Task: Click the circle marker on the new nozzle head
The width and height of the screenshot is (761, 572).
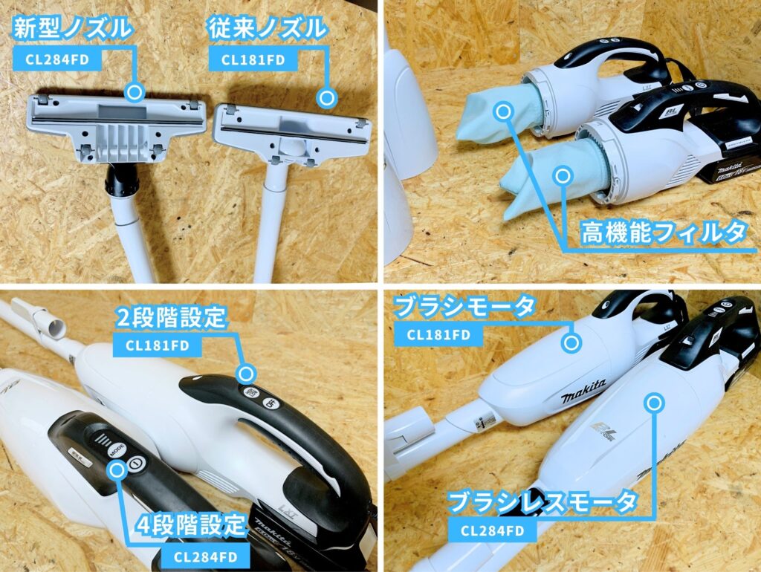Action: click(x=135, y=92)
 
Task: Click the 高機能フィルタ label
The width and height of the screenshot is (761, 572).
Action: click(x=662, y=233)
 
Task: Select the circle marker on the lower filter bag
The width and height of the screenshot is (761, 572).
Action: click(x=563, y=177)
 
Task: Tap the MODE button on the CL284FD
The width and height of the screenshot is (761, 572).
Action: click(x=117, y=450)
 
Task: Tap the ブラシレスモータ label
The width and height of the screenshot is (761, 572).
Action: click(x=542, y=502)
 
